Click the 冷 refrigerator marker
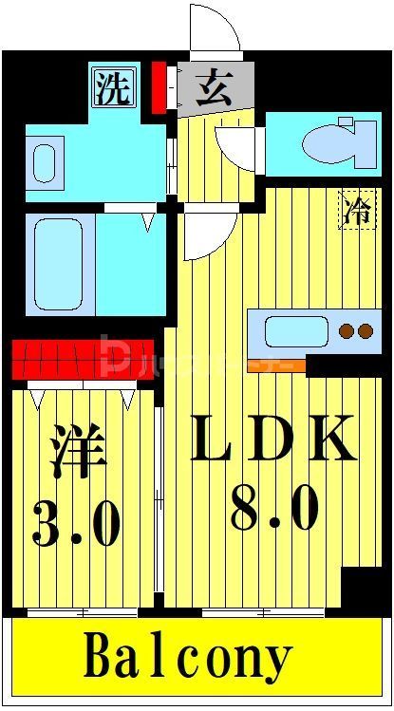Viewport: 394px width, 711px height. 357,211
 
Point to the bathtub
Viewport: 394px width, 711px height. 61,264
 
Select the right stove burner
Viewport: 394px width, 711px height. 366,331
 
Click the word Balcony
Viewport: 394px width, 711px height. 190,658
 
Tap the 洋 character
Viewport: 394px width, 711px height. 76,454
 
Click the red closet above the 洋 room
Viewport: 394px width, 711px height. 83,357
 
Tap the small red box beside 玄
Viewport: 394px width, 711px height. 159,87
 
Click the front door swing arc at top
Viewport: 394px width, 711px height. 215,33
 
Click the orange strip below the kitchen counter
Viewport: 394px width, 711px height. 276,365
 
